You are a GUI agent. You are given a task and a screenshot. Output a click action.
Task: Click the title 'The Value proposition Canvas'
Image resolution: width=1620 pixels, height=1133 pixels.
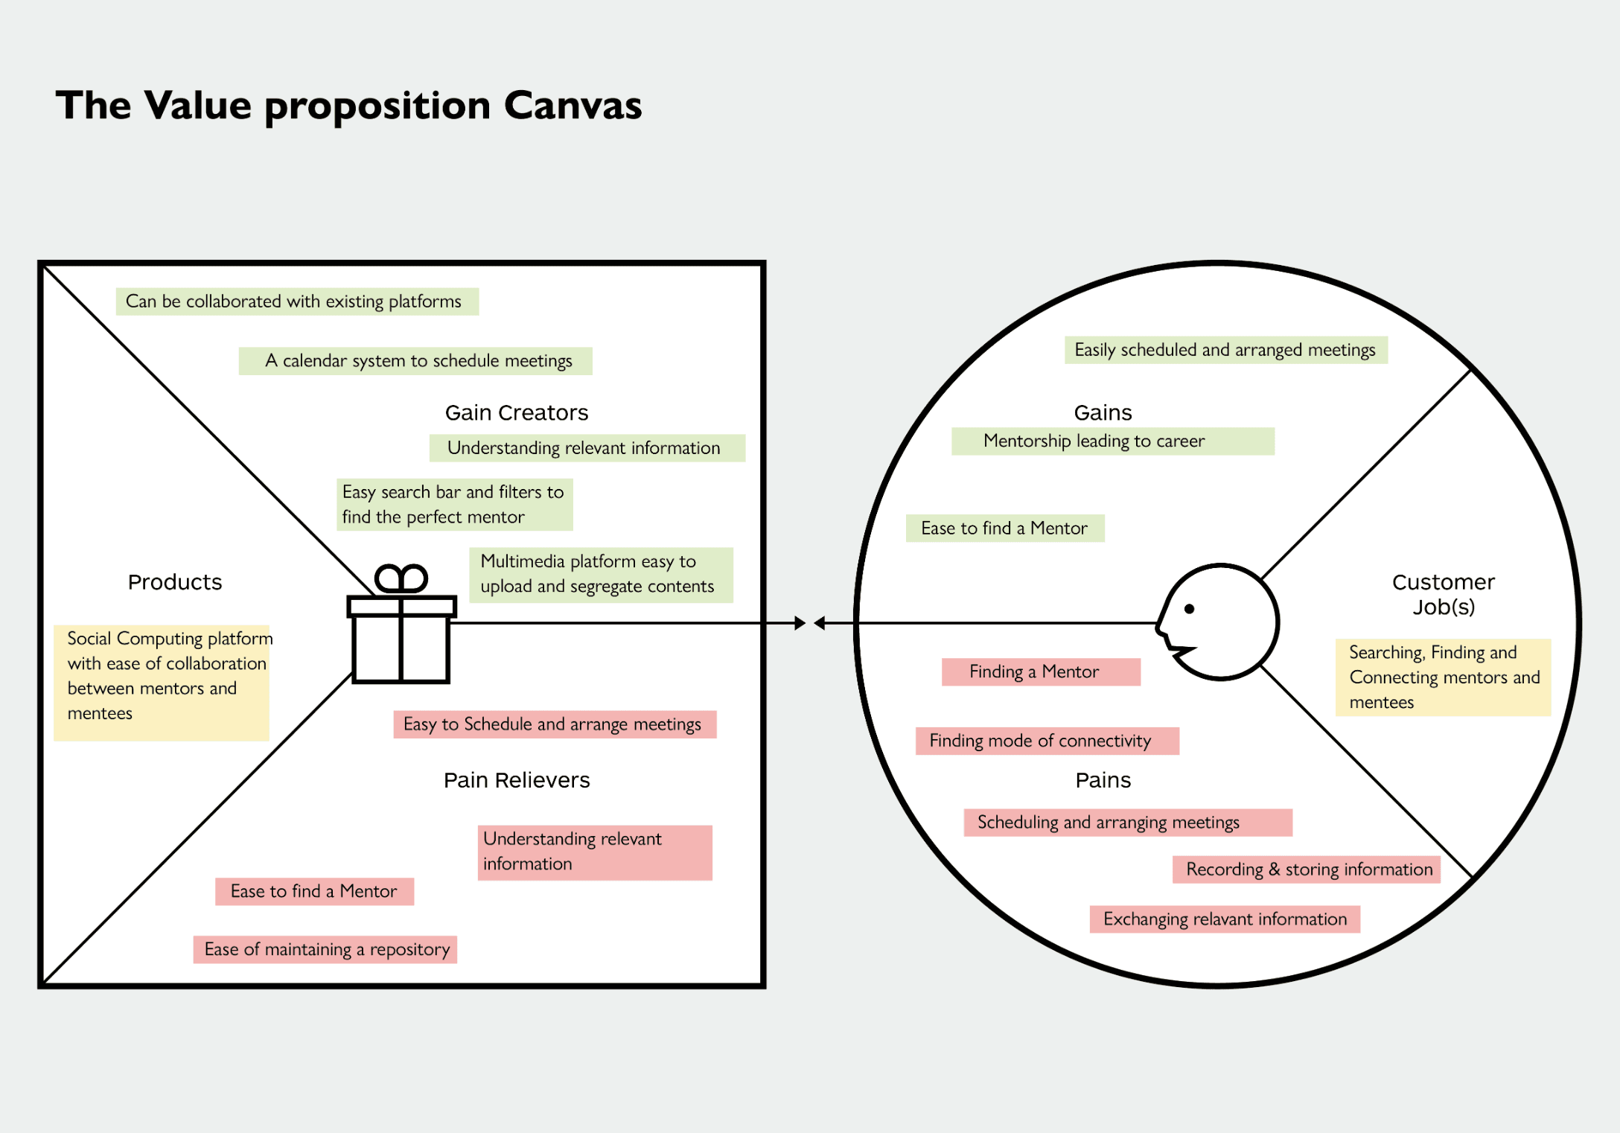(348, 105)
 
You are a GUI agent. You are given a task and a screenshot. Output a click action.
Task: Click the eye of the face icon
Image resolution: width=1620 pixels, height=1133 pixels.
(1189, 609)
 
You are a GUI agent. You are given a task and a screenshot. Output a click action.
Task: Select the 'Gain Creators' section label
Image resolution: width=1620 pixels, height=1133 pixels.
(517, 412)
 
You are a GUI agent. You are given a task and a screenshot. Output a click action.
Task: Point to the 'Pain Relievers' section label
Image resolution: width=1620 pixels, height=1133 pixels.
(517, 780)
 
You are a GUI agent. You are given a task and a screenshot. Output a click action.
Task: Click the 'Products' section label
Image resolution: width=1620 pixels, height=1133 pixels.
(175, 582)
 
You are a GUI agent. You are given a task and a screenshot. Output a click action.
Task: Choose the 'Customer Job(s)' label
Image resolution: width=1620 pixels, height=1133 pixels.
(1443, 594)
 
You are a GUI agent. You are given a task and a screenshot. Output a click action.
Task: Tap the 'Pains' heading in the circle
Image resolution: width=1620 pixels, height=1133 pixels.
(1103, 780)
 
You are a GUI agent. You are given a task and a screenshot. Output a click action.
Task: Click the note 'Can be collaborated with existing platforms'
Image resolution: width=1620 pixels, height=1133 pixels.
(296, 301)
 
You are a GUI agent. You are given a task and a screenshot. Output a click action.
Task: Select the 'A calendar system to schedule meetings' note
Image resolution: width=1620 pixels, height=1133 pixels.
(415, 361)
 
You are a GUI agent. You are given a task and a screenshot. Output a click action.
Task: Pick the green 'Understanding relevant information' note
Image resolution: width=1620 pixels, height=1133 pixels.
(587, 448)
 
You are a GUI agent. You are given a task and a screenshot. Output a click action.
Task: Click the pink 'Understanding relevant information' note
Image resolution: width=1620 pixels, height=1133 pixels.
(594, 852)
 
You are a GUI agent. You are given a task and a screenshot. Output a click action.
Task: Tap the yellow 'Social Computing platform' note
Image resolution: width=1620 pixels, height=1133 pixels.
(162, 682)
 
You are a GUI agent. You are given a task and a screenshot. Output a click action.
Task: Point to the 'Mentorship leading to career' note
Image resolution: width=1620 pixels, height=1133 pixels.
(1112, 441)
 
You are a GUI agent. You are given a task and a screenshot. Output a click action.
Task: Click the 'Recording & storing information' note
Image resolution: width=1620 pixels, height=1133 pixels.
(1306, 869)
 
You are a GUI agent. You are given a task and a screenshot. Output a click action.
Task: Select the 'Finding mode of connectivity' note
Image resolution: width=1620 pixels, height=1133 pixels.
(1047, 741)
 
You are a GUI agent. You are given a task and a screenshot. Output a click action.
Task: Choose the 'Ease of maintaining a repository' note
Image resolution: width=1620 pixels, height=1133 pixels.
(325, 949)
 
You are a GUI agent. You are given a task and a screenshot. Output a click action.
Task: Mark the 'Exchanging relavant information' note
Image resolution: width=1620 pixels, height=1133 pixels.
(1225, 919)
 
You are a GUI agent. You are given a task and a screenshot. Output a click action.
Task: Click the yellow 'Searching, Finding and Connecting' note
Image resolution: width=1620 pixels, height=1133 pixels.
(1443, 677)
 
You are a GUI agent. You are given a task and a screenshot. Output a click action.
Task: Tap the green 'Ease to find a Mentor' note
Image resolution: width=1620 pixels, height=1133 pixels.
(1004, 529)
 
